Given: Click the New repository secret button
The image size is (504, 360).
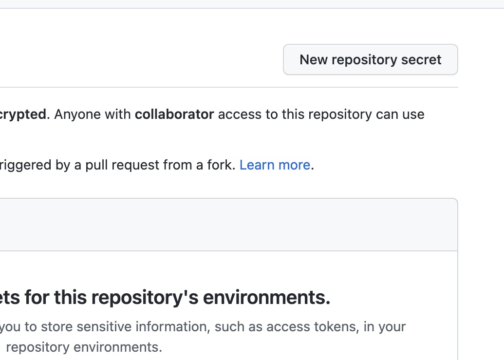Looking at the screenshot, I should (370, 60).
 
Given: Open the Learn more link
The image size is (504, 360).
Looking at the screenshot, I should (275, 165).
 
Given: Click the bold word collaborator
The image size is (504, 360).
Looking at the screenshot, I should (174, 114).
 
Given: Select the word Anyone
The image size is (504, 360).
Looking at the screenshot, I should (75, 114).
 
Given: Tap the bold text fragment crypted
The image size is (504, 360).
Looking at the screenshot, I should (23, 114).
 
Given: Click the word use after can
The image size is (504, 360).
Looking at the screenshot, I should (413, 114).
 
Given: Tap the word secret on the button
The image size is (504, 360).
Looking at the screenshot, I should (421, 60).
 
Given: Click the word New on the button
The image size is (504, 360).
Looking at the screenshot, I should (314, 60).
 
